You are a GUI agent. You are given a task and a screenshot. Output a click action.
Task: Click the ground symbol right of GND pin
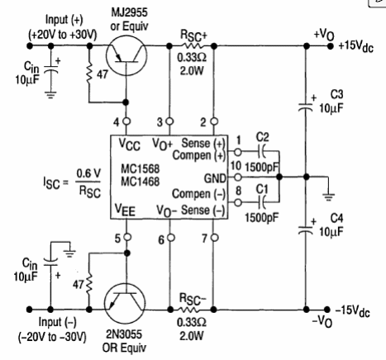tap(330, 197)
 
